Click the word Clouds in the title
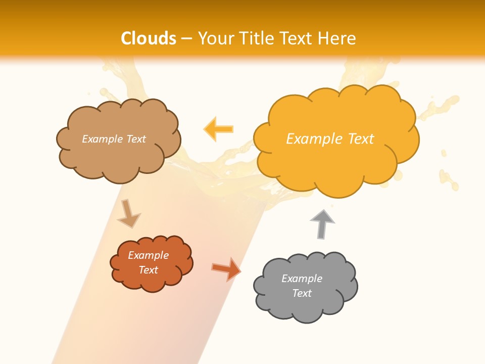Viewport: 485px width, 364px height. [x=149, y=38]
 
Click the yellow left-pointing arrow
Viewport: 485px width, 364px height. [x=218, y=129]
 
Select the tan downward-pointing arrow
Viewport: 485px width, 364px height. [x=128, y=213]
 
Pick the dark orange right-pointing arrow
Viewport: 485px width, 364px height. [x=226, y=269]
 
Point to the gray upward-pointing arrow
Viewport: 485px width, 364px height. [x=322, y=223]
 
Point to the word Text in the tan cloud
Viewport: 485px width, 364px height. [x=135, y=139]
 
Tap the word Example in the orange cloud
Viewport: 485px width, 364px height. [x=148, y=255]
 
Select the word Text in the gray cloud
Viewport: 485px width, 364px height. [x=302, y=293]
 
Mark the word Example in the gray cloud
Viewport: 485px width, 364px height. [x=302, y=279]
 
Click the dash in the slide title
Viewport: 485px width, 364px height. [x=187, y=38]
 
